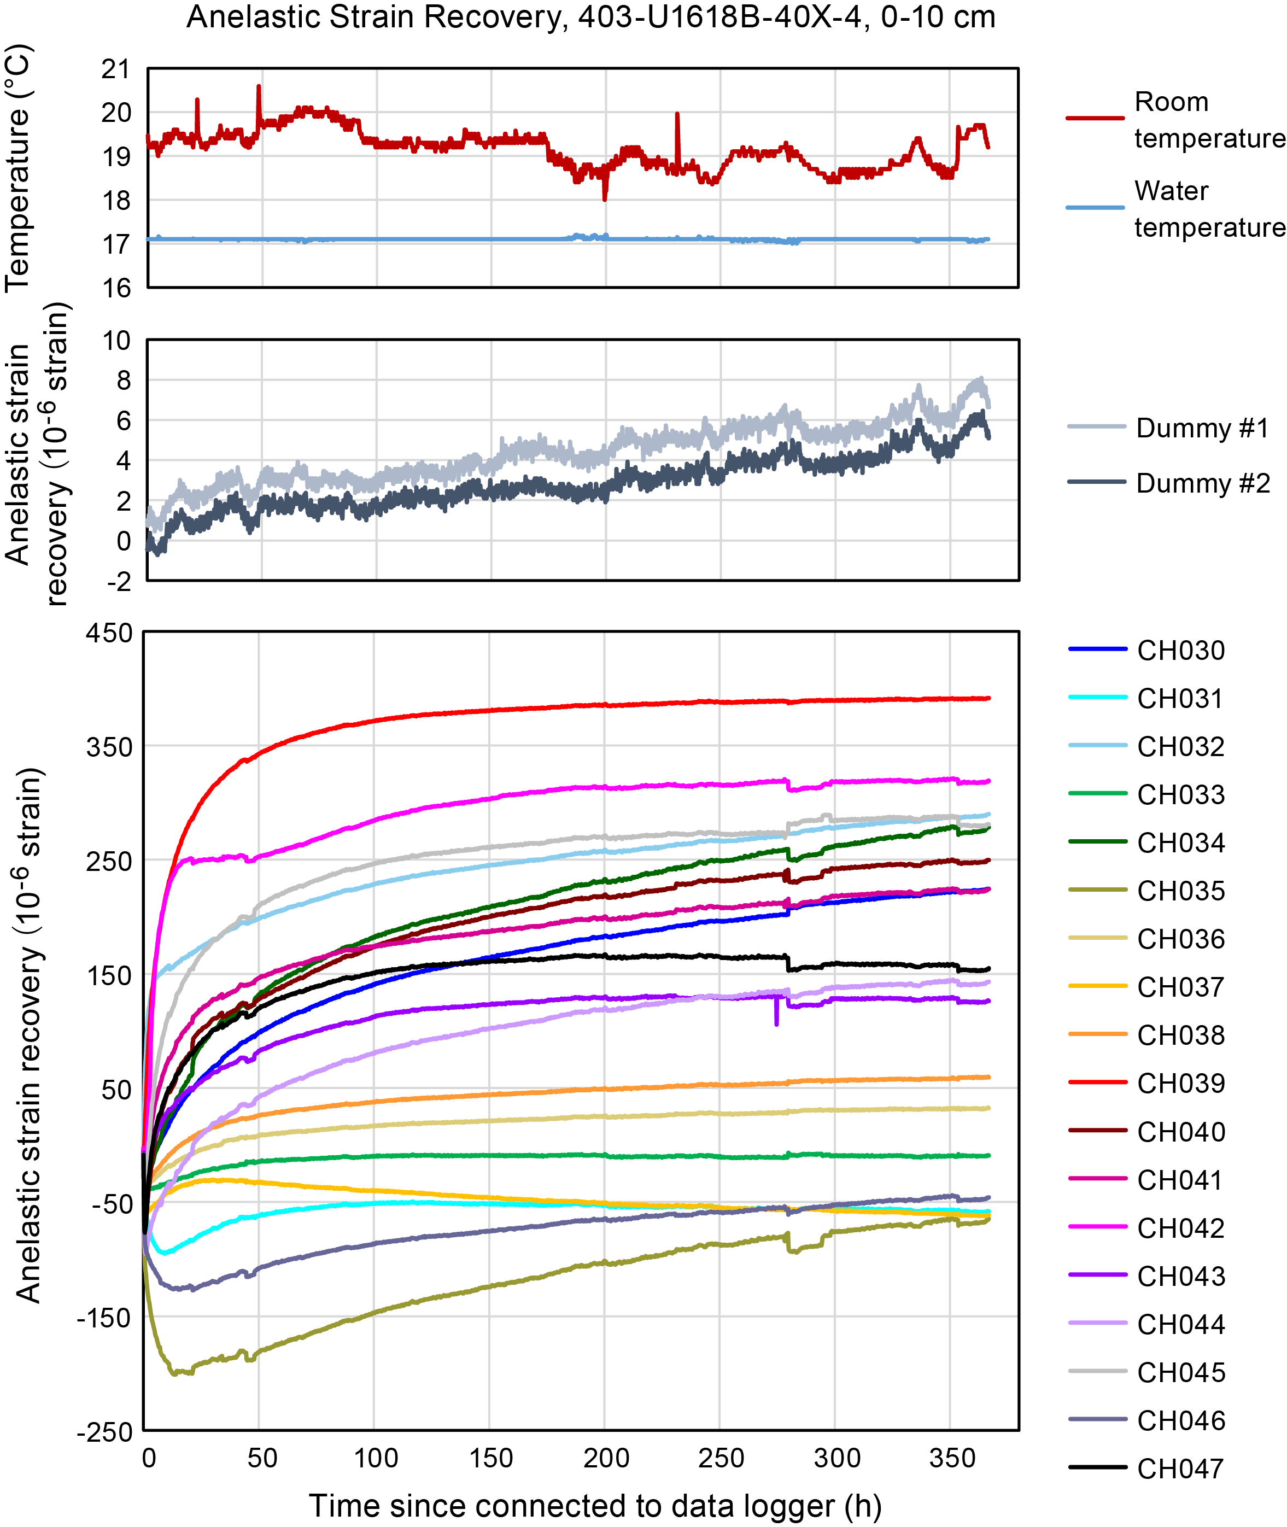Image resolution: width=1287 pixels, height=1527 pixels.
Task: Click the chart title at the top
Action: click(591, 17)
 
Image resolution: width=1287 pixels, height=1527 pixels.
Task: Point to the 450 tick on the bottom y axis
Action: click(109, 633)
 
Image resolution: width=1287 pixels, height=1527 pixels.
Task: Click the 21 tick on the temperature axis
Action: click(115, 70)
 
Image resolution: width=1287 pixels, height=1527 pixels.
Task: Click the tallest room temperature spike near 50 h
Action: click(258, 87)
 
